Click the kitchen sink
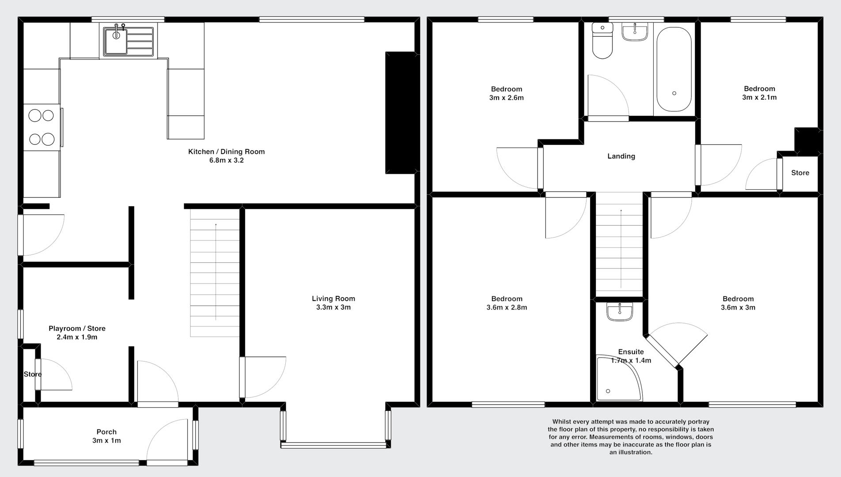coord(129,42)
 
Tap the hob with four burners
coord(42,127)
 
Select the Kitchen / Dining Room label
coord(227,151)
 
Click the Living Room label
coord(333,299)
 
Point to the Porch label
coord(106,432)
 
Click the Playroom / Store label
coord(77,329)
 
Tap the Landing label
coord(621,156)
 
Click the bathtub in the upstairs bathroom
coord(674,70)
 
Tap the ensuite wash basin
coord(620,311)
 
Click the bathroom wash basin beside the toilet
coord(635,32)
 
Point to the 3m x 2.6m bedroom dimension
coord(506,98)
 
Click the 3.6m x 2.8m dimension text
coord(507,307)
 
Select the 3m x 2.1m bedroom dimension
coord(759,97)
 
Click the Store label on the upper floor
coord(800,173)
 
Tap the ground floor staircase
coord(215,273)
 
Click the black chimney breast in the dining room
coord(401,113)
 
